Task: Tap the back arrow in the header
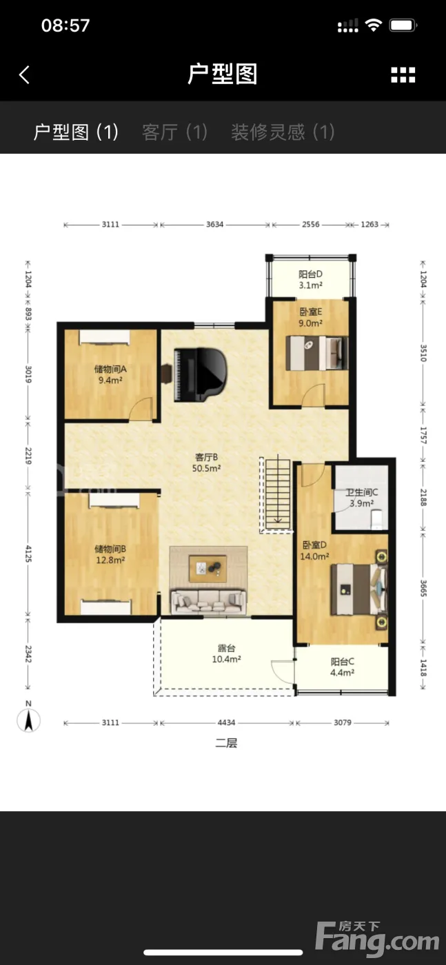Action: [25, 74]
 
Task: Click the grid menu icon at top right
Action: [403, 75]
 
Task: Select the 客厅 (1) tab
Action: [174, 132]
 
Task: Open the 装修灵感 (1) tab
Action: [283, 132]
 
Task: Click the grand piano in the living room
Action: [201, 374]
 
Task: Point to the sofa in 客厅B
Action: [209, 601]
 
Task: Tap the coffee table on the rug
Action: [208, 569]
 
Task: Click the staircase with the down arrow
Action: [278, 494]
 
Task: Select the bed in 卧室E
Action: [316, 353]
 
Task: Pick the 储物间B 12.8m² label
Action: [110, 554]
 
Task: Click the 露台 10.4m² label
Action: [226, 653]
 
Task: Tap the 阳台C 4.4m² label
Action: [342, 667]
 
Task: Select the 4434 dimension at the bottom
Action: [226, 722]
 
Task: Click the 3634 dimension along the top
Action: [214, 225]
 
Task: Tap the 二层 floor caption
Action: [226, 743]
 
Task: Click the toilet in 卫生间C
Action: [377, 520]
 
